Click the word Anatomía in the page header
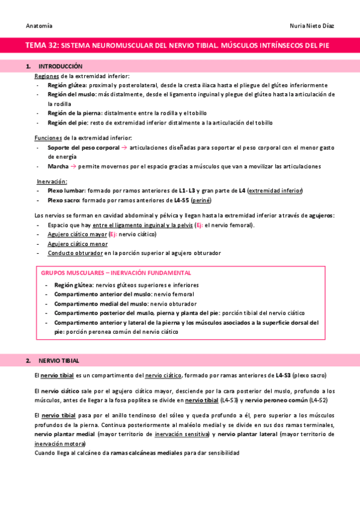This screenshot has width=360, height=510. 39,26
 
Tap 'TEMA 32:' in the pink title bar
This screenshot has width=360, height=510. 43,45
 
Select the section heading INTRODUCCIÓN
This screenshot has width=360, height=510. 60,66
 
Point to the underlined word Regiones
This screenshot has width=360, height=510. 47,76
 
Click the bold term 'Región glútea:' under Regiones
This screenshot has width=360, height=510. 67,85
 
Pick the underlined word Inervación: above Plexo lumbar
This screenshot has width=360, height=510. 52,181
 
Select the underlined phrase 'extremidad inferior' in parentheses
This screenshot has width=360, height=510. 276,191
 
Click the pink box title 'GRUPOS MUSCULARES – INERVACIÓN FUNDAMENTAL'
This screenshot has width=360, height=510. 116,272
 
